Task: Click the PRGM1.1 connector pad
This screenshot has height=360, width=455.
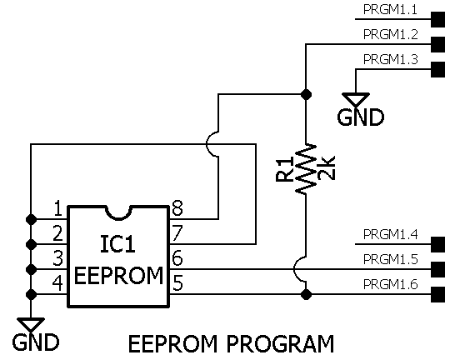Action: [x=437, y=19]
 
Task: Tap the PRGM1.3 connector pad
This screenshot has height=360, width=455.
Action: [x=437, y=69]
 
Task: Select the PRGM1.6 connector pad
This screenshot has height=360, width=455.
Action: [x=437, y=294]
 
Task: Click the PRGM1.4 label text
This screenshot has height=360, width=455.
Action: [x=391, y=234]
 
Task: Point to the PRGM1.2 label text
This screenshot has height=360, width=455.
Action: [x=391, y=34]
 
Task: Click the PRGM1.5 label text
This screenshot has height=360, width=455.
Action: [x=391, y=259]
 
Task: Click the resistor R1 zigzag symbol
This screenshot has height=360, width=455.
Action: [x=306, y=169]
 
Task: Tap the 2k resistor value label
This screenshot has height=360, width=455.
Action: [x=327, y=168]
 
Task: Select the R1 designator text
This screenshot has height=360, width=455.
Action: [x=285, y=169]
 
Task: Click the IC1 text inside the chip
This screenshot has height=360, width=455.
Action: [x=117, y=244]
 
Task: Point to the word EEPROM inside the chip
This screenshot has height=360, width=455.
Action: [x=118, y=275]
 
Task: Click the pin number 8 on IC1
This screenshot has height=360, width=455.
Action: [x=177, y=208]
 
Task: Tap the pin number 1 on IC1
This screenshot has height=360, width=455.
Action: [x=58, y=208]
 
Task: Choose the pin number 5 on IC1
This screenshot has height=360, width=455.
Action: [x=177, y=283]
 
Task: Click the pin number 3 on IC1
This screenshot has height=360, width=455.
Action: [x=58, y=258]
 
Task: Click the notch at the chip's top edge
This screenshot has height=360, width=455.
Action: [x=118, y=212]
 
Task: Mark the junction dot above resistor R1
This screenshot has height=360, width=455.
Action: [x=306, y=94]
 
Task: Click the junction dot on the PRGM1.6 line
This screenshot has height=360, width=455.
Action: [x=306, y=294]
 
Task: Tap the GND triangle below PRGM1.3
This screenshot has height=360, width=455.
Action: [x=356, y=99]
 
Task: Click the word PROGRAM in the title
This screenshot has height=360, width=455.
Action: [x=280, y=344]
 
